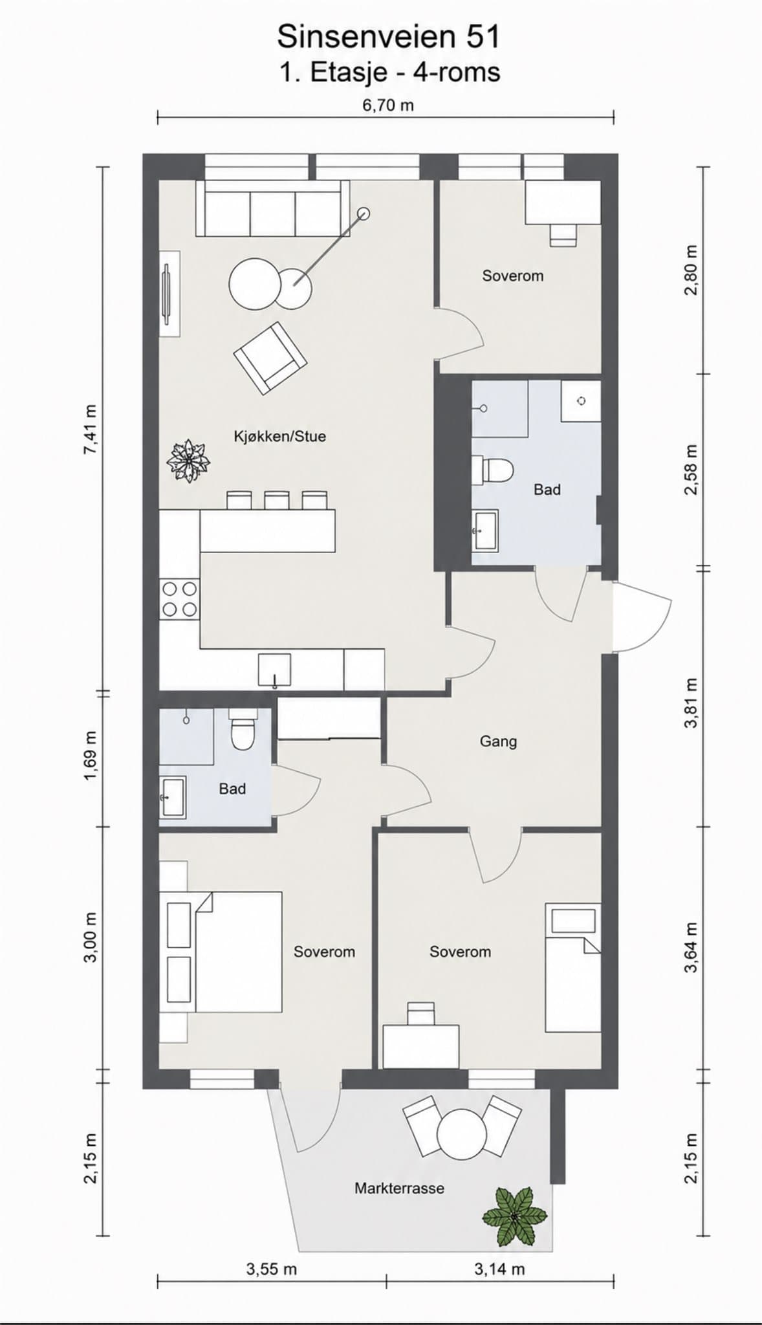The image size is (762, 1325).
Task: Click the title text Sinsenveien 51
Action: pyautogui.click(x=389, y=37)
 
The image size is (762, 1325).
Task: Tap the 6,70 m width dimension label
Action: pyautogui.click(x=387, y=105)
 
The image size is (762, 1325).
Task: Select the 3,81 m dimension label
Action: pyautogui.click(x=691, y=703)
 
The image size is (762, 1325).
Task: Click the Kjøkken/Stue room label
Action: pyautogui.click(x=279, y=436)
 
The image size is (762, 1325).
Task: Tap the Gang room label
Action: pyautogui.click(x=498, y=741)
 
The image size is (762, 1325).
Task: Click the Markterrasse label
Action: pyautogui.click(x=399, y=1188)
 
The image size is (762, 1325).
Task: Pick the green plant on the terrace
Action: pyautogui.click(x=515, y=1216)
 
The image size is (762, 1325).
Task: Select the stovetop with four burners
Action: pyautogui.click(x=179, y=599)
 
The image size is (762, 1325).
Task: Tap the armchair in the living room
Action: pyautogui.click(x=270, y=358)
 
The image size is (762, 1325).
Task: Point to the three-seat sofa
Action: pyautogui.click(x=272, y=208)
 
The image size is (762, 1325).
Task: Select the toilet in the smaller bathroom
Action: pyautogui.click(x=243, y=729)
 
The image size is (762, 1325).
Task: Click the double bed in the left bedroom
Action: pyautogui.click(x=221, y=952)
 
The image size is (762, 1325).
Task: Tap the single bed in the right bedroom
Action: pyautogui.click(x=573, y=967)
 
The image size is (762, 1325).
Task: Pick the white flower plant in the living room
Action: pyautogui.click(x=188, y=461)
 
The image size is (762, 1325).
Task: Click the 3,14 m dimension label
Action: pyautogui.click(x=499, y=1269)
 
